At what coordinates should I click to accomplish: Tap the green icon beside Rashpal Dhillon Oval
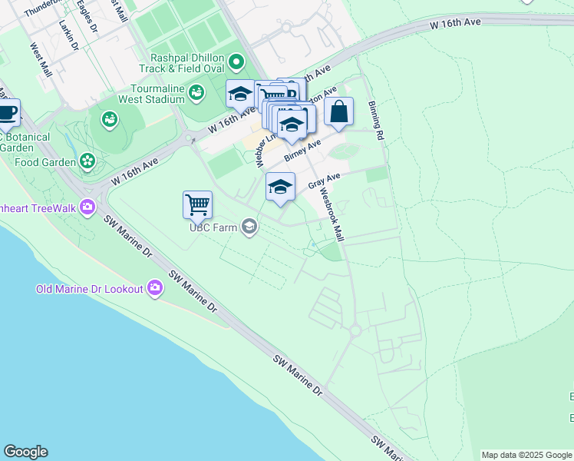pos(236,61)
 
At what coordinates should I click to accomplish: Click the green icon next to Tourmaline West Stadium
pos(197,93)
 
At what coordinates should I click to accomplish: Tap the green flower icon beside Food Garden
pos(87,161)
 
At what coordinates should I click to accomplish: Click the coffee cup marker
pos(7,113)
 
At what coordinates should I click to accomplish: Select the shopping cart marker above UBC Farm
pos(197,204)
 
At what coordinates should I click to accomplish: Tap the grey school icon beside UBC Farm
pos(249,226)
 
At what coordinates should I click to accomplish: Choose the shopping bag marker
pos(339,112)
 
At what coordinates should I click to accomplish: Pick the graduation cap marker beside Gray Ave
pos(281,187)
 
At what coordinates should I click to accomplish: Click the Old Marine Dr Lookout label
pos(90,289)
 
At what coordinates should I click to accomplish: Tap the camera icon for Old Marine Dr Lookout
pos(156,288)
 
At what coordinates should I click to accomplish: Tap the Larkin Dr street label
pos(68,35)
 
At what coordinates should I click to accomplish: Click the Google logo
pos(25,452)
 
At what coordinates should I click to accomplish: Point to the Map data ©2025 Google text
pos(526,455)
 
